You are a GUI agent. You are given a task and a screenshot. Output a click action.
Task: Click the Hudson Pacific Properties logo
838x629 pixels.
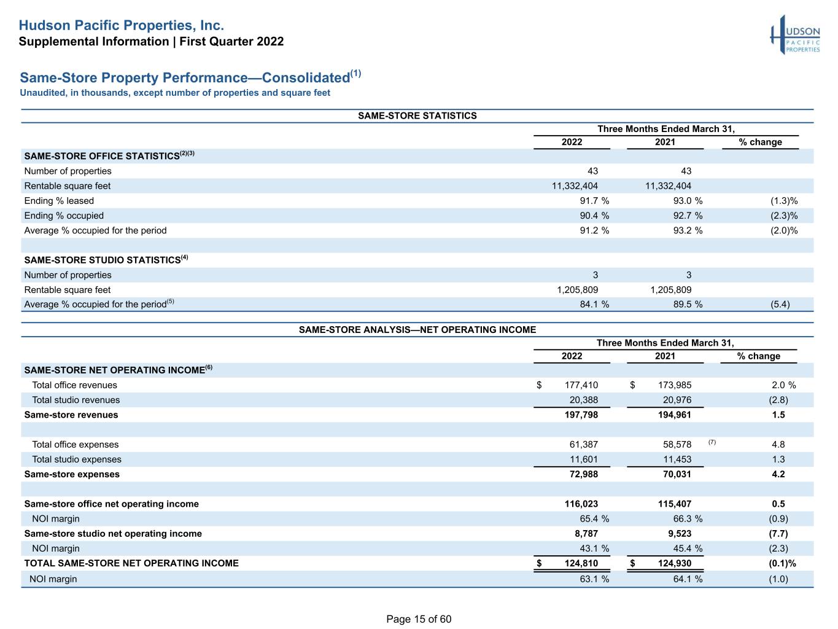795,35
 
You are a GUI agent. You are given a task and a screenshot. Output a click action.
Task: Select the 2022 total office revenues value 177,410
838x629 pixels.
581,385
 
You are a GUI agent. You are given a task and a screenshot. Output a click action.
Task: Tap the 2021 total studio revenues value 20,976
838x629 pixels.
677,400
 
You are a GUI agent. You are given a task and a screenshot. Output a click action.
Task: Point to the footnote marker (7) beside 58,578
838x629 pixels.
712,442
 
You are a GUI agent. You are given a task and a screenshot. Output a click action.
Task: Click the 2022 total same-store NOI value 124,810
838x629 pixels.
581,563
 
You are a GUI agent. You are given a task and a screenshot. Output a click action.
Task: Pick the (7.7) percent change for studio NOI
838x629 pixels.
778,534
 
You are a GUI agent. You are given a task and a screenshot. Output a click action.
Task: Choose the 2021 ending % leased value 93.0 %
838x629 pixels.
688,201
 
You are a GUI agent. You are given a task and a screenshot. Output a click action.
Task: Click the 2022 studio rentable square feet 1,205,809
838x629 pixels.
577,290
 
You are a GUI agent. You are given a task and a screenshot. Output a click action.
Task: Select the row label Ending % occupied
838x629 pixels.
64,216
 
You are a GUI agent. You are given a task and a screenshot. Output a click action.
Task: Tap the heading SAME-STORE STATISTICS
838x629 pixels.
417,115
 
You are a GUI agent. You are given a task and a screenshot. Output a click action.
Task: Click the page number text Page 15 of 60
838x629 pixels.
419,619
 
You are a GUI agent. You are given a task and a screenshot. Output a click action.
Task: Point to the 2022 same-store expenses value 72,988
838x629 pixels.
583,474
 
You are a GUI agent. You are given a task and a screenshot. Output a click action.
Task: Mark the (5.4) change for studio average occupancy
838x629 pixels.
780,305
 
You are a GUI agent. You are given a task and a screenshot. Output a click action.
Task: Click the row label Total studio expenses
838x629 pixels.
77,459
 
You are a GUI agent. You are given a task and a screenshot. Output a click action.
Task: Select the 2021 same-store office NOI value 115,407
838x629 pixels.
675,504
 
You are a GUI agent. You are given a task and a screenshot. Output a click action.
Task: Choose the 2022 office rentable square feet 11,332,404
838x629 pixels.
575,186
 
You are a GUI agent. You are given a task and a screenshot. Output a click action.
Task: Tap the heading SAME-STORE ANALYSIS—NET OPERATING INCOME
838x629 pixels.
417,330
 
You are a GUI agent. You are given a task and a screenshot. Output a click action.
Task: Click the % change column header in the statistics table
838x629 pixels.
760,142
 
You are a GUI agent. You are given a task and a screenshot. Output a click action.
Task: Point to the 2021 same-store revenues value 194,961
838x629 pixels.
675,415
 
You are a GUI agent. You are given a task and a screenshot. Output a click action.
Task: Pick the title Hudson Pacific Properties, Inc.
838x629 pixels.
122,25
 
